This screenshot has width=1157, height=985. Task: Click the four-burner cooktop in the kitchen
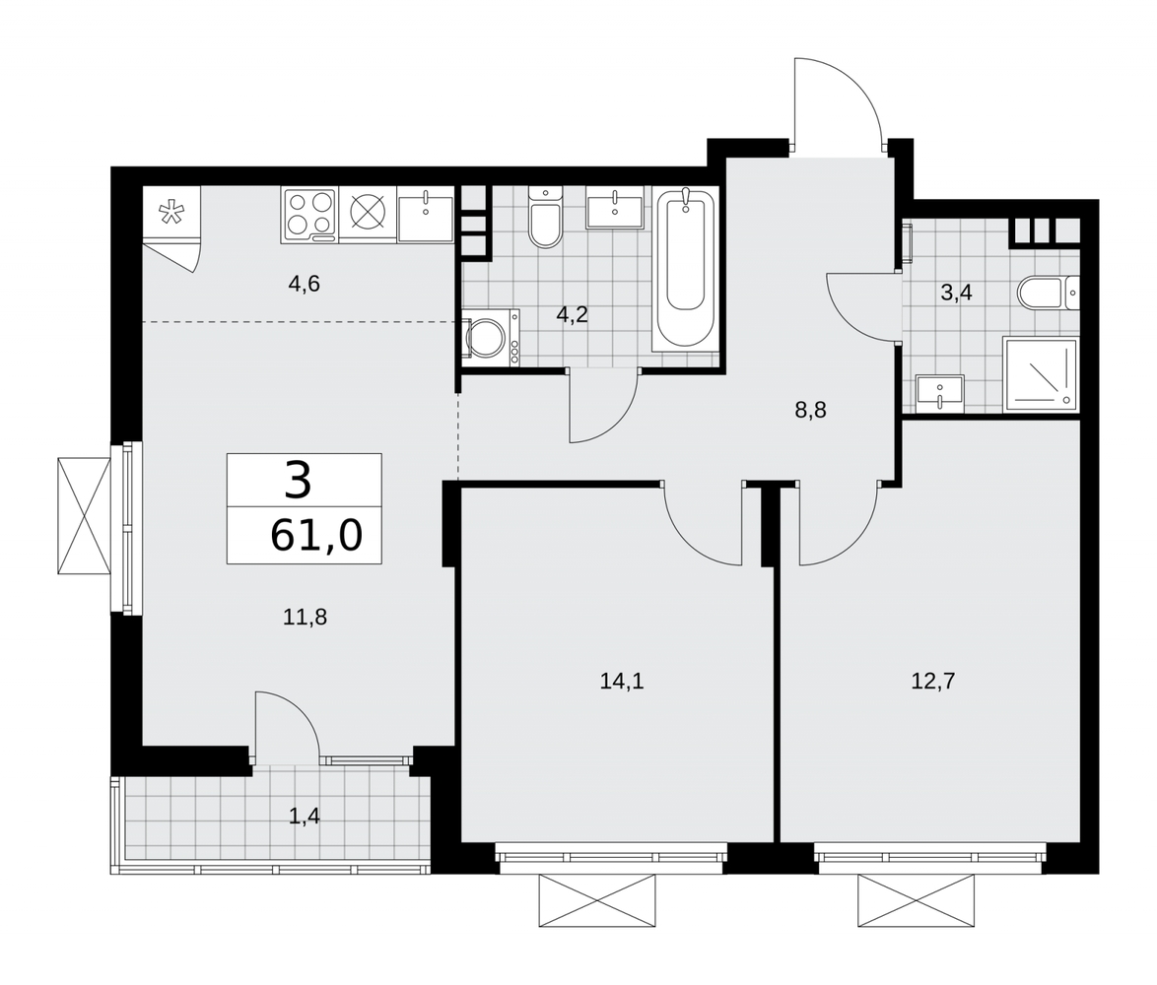[x=309, y=215]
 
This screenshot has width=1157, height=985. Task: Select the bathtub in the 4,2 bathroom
[x=685, y=269]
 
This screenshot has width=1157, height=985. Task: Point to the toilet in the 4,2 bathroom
[x=545, y=217]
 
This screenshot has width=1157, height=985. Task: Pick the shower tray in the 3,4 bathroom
[x=1041, y=373]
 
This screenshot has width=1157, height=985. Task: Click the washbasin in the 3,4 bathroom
[x=939, y=391]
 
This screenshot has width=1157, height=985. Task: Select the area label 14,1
[x=621, y=682]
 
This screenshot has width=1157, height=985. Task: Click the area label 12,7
[x=932, y=682]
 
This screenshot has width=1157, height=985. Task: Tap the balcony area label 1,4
[x=304, y=817]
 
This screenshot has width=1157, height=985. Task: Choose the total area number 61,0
[x=316, y=535]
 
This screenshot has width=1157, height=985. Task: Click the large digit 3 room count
[x=298, y=480]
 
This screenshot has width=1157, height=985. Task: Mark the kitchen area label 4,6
[x=304, y=283]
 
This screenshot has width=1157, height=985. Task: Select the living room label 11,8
[x=305, y=617]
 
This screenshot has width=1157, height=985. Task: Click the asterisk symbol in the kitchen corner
[x=171, y=213]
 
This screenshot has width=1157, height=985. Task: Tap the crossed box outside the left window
[x=84, y=515]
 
